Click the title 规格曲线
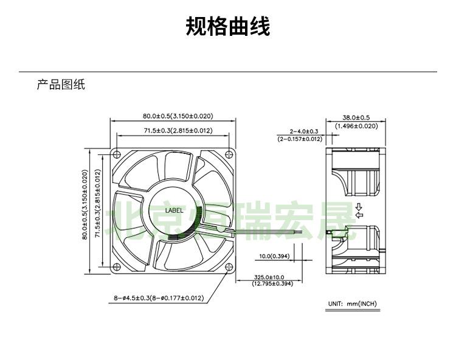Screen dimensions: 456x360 click(227, 27)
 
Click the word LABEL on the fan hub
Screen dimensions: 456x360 click(174, 210)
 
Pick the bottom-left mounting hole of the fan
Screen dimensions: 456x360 click(117, 266)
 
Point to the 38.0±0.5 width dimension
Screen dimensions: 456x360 click(356, 117)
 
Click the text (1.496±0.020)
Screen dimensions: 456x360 click(356, 126)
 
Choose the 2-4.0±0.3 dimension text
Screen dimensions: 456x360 click(303, 131)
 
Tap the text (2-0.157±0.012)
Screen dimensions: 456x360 click(300, 139)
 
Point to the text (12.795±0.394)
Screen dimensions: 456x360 click(272, 283)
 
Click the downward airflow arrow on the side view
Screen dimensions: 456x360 click(359, 206)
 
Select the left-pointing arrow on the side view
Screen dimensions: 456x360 click(359, 215)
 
